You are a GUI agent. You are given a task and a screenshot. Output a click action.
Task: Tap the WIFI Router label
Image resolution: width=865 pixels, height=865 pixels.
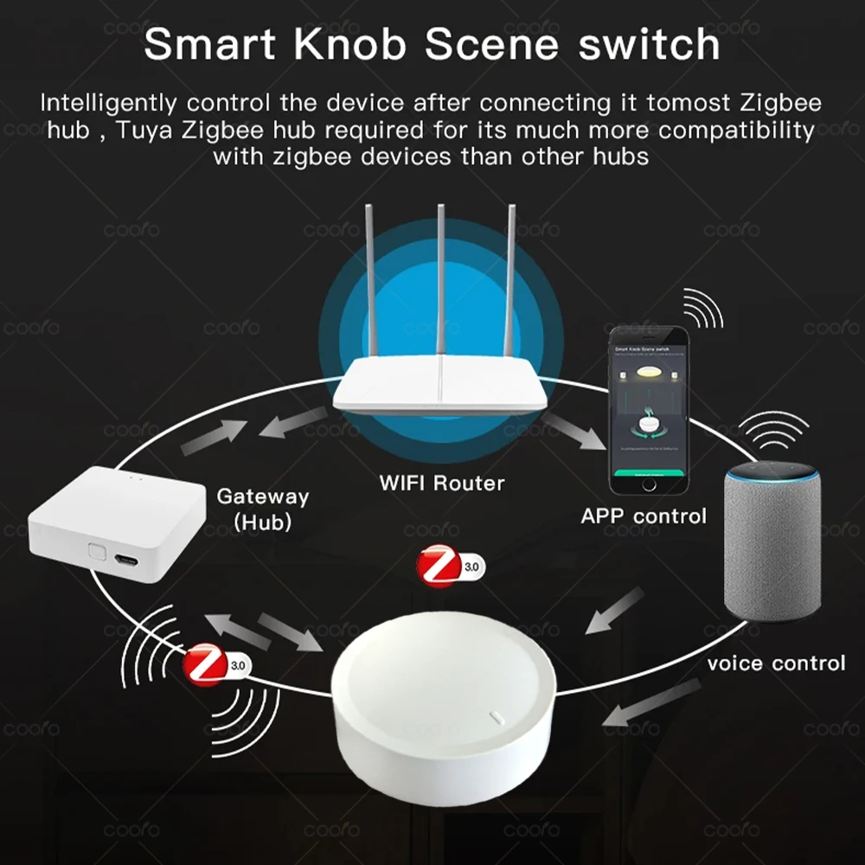click(441, 483)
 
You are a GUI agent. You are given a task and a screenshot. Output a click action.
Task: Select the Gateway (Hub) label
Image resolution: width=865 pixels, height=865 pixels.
click(261, 509)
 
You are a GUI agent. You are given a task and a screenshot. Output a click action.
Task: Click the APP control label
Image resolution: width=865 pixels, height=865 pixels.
click(643, 516)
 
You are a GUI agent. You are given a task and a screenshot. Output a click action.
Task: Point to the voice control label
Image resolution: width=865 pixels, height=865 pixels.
click(775, 663)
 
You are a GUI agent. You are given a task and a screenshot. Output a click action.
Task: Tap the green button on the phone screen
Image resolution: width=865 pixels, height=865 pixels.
click(647, 474)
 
